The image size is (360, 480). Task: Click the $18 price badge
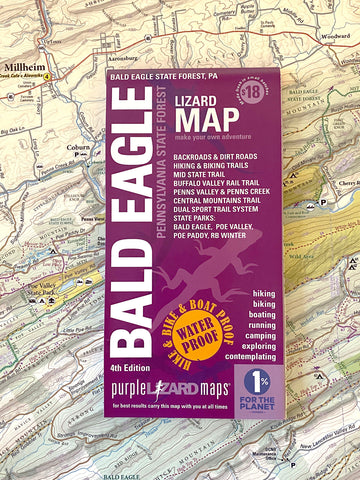(x=252, y=95)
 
